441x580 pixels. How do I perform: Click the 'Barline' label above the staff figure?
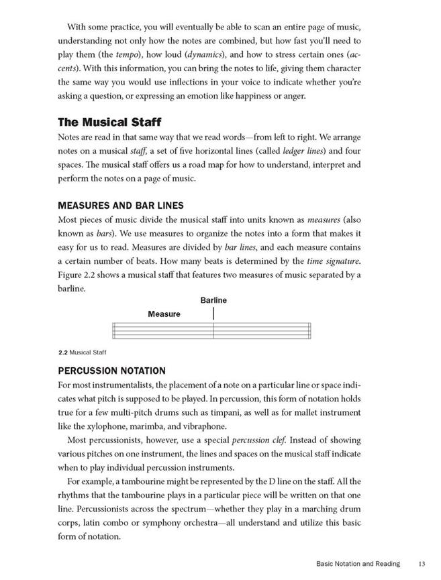coord(213,300)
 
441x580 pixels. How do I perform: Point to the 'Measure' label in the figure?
coord(164,313)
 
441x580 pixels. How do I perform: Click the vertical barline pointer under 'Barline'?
coord(213,313)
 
